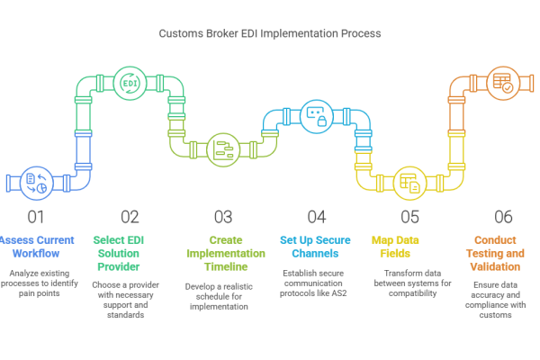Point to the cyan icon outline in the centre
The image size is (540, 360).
click(x=310, y=118)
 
